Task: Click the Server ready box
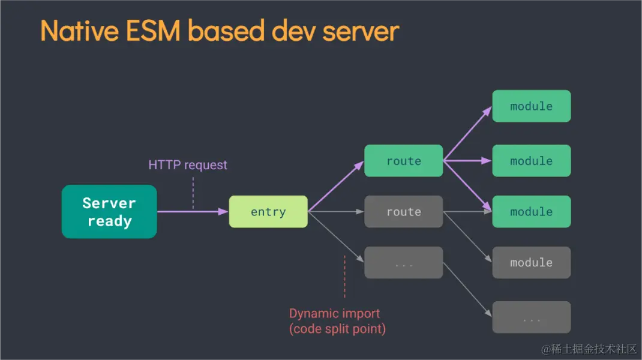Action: [x=109, y=212]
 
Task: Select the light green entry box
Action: [x=268, y=212]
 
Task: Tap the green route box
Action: [x=404, y=161]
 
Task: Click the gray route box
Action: [x=404, y=212]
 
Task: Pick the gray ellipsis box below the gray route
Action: [x=404, y=263]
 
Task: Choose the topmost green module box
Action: [x=531, y=106]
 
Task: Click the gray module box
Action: [x=531, y=263]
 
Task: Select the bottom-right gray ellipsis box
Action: [x=531, y=317]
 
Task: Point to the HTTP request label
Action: [x=188, y=164]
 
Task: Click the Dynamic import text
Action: [x=334, y=313]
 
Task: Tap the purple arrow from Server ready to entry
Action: [x=192, y=212]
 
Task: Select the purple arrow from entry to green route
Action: [x=336, y=187]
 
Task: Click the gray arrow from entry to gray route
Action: [x=336, y=212]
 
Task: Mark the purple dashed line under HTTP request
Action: [x=193, y=192]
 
